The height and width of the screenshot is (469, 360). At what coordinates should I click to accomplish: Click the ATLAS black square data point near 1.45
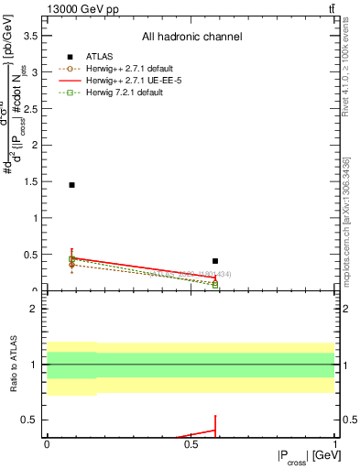(71, 185)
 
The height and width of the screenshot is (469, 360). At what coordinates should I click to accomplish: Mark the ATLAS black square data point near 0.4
(215, 261)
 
